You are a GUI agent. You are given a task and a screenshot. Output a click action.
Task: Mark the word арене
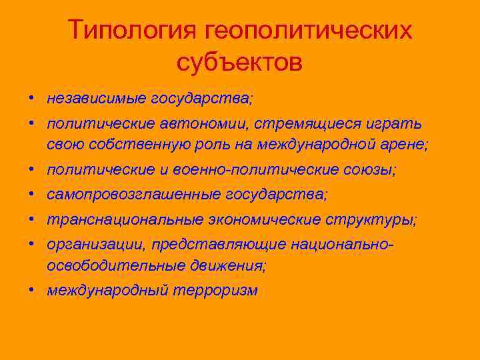[x=402, y=145]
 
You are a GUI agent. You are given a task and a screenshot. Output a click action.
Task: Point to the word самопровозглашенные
[x=134, y=195]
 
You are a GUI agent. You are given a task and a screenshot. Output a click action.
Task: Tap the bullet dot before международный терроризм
[x=32, y=291]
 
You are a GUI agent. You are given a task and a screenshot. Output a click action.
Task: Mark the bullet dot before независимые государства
[x=32, y=99]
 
